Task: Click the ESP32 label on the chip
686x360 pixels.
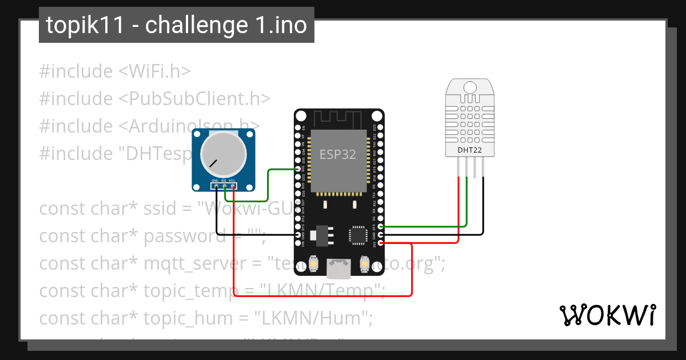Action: pos(338,154)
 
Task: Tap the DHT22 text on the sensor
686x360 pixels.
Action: pos(470,150)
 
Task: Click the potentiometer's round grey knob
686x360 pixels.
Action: pos(224,154)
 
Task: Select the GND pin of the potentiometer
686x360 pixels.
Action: pos(217,186)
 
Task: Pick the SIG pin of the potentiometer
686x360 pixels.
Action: pos(225,186)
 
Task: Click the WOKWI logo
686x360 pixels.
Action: pos(607,315)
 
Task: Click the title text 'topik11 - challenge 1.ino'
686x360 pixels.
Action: pos(176,25)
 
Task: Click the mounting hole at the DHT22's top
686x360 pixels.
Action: pos(470,87)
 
